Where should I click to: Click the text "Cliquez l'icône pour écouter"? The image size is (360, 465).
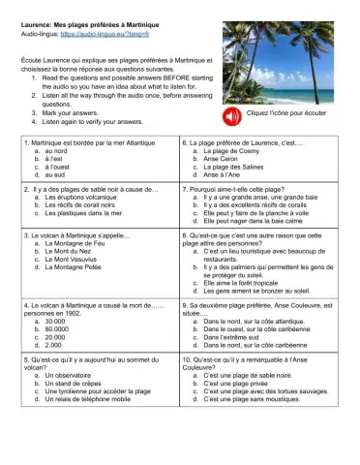tap(293, 115)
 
